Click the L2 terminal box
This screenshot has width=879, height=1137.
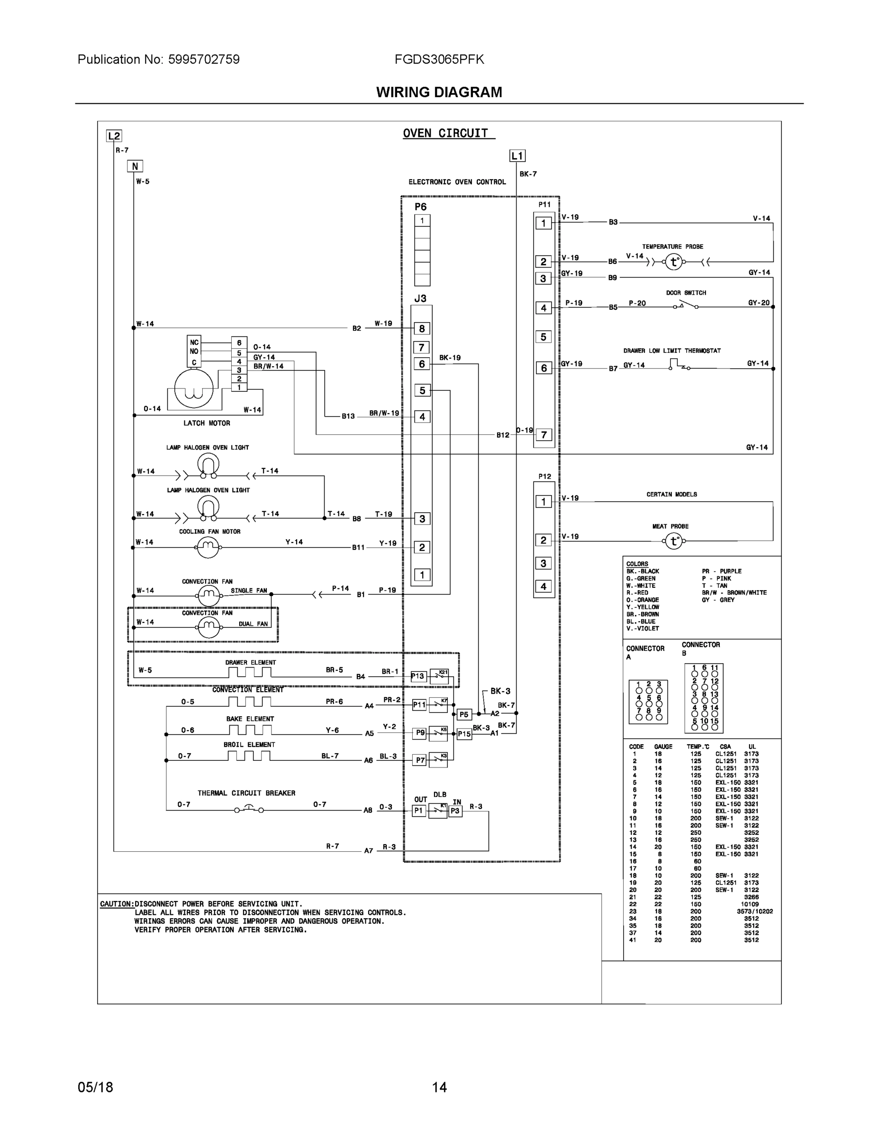(114, 136)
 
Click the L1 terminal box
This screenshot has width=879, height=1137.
(517, 156)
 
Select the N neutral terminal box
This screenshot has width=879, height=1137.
(135, 166)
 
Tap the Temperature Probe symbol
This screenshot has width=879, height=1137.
(674, 262)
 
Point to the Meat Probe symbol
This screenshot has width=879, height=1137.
(674, 541)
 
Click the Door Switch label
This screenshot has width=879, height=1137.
(686, 293)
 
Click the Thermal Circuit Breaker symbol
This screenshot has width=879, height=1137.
(248, 810)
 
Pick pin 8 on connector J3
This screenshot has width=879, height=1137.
(422, 328)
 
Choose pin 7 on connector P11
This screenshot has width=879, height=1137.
(544, 435)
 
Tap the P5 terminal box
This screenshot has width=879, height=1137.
(463, 714)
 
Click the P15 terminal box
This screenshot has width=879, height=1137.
(464, 734)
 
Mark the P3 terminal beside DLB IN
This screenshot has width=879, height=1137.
(455, 811)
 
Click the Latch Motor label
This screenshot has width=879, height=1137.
(207, 423)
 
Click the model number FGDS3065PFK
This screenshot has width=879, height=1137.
(439, 59)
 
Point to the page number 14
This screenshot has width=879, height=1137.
(439, 1087)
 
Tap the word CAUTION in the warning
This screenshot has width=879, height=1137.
(117, 904)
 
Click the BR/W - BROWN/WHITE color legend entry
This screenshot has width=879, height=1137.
(734, 593)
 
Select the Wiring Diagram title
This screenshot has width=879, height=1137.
(439, 92)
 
